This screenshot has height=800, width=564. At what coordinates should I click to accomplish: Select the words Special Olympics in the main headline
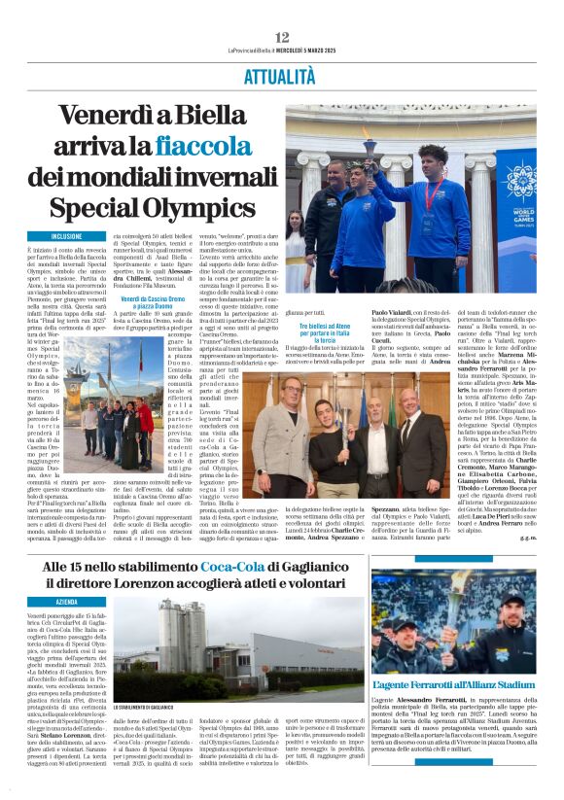153,207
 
